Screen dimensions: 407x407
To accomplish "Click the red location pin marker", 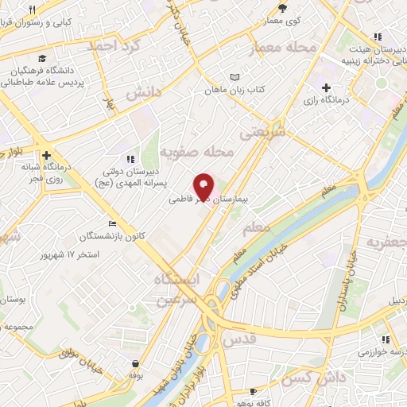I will [204, 185].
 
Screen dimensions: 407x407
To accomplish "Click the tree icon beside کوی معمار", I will [281, 9].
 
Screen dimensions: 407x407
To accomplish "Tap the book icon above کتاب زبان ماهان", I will [235, 77].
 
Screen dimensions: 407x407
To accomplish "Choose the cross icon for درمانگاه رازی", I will [327, 87].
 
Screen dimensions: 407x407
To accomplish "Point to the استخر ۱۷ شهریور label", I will [72, 255].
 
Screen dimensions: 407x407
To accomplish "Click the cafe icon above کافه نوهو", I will [253, 392].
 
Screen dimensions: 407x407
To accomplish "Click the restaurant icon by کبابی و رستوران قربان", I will [31, 10].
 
